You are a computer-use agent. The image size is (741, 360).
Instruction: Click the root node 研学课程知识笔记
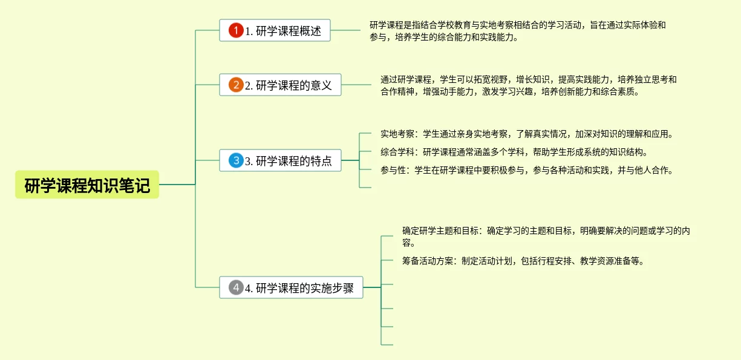pyautogui.click(x=87, y=185)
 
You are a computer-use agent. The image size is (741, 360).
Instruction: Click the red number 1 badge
pyautogui.click(x=236, y=30)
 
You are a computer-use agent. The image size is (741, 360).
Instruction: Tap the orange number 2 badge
pyautogui.click(x=236, y=85)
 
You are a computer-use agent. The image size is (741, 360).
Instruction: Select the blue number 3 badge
pyautogui.click(x=236, y=161)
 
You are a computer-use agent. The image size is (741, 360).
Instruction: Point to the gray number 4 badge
pyautogui.click(x=236, y=288)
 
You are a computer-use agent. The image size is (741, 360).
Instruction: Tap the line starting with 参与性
pyautogui.click(x=526, y=170)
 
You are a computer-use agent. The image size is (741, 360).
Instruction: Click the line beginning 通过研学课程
pyautogui.click(x=528, y=79)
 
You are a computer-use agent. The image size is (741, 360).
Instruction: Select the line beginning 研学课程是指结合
pyautogui.click(x=517, y=25)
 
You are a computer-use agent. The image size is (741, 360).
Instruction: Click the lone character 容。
pyautogui.click(x=408, y=243)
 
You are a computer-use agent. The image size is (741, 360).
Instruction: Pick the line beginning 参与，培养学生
pyautogui.click(x=444, y=38)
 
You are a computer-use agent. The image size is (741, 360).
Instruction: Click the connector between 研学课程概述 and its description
pyautogui.click(x=345, y=30)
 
